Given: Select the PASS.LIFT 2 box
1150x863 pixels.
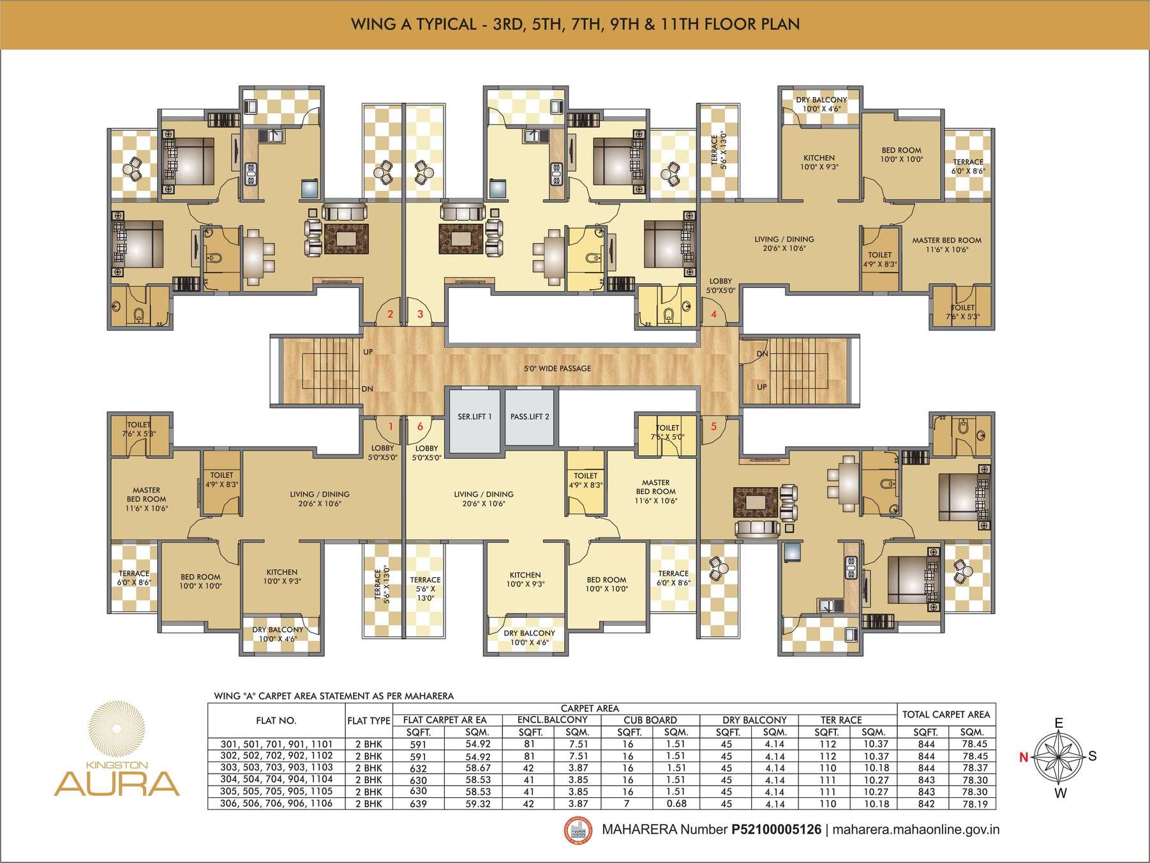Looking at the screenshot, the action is [x=530, y=417].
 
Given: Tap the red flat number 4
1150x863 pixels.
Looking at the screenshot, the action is [x=713, y=314].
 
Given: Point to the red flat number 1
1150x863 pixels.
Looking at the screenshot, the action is [x=391, y=426].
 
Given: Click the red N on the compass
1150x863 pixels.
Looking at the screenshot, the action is [x=1024, y=758].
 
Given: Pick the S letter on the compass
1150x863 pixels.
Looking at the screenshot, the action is [x=1093, y=756].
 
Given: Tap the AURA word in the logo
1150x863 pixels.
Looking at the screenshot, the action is [x=117, y=782].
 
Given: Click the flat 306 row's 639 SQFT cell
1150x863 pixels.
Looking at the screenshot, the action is [x=419, y=804].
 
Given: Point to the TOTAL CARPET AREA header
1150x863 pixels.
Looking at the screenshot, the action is [x=946, y=714].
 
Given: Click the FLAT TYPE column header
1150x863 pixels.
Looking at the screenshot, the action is [x=369, y=721].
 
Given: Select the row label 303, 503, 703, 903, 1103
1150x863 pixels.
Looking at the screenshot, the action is [x=276, y=768].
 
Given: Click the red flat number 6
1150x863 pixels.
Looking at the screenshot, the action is [x=420, y=426].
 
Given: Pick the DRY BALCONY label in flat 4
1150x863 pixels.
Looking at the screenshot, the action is [x=821, y=100].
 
